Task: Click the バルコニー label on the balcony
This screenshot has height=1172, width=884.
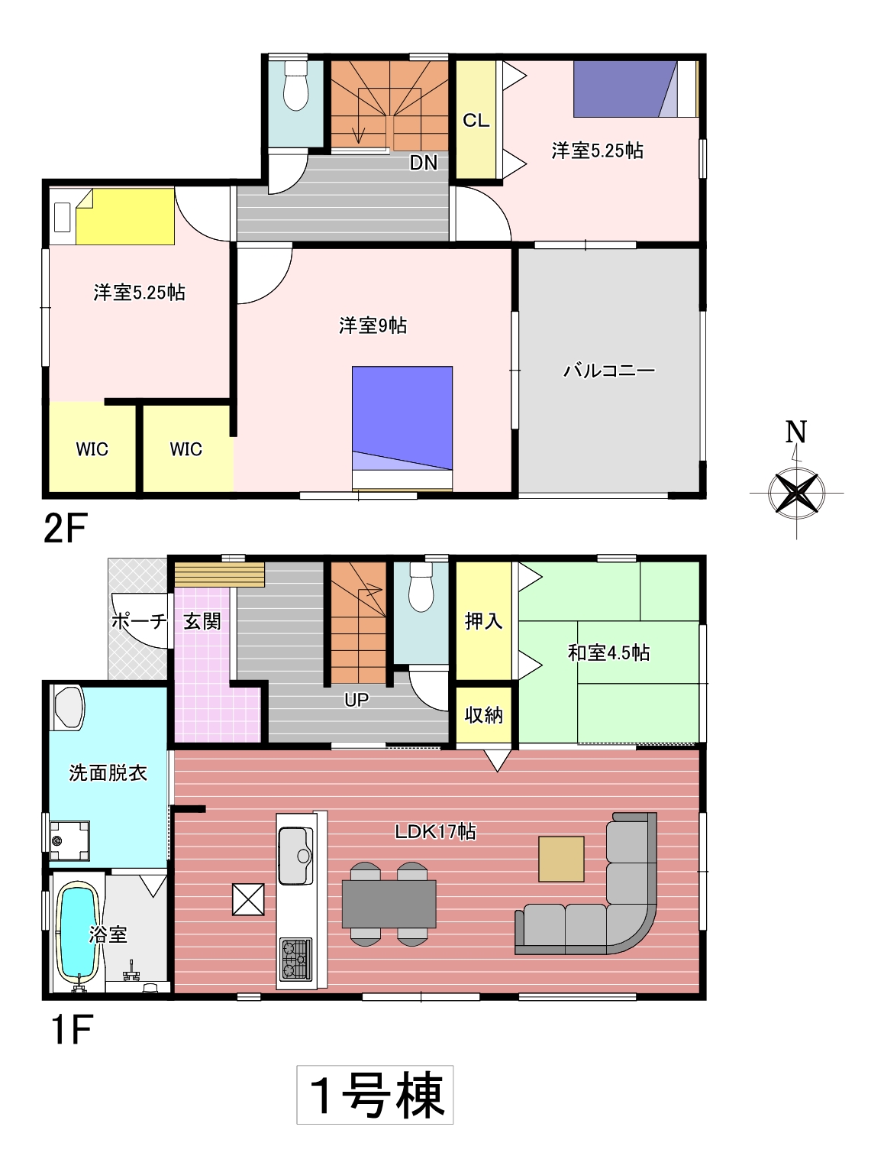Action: [608, 371]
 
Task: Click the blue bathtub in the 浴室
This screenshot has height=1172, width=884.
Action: [79, 933]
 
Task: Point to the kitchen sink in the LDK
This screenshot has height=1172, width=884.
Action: [295, 856]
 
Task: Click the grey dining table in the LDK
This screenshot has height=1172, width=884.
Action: [389, 904]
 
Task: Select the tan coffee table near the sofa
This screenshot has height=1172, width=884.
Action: [560, 859]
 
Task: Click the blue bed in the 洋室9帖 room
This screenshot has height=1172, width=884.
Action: [402, 428]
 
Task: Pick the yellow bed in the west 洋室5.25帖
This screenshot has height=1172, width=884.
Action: [125, 216]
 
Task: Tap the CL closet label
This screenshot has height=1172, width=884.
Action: [476, 120]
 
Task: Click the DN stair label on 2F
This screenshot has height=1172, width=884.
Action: [424, 162]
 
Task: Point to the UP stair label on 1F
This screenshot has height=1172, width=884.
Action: [357, 700]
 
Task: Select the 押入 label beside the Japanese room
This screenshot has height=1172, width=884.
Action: [483, 621]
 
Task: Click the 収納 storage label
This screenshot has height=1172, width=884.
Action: [483, 715]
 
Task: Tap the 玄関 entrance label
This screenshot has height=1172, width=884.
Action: [202, 621]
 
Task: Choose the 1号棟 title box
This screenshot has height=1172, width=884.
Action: [375, 1095]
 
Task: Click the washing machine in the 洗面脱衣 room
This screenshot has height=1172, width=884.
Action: [69, 841]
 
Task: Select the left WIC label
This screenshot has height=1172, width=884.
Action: [92, 449]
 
